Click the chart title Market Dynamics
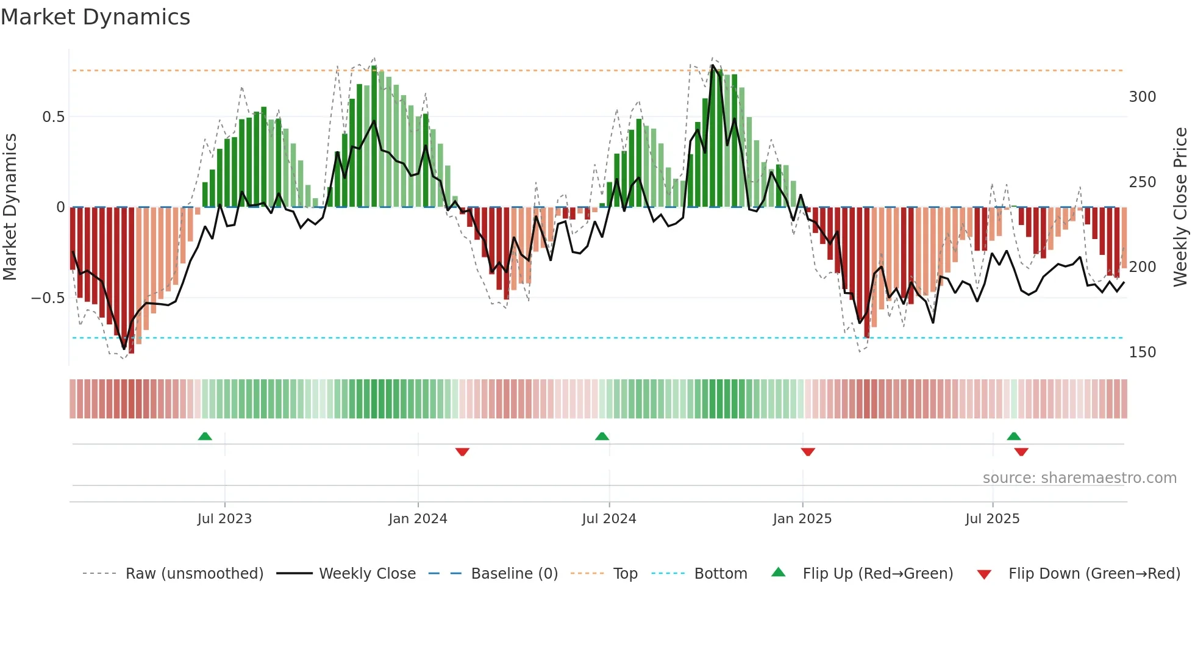point(95,17)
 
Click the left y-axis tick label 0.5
point(53,117)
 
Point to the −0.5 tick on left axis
point(48,298)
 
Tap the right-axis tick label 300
point(1142,97)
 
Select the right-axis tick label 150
point(1142,352)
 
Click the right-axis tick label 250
point(1142,182)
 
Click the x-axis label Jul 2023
point(224,519)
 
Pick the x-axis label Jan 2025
point(802,519)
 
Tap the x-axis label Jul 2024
point(608,519)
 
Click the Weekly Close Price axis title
point(1180,207)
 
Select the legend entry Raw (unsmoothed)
point(194,574)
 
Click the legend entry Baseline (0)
point(514,574)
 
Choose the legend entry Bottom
point(720,574)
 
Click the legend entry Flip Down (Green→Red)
point(1094,574)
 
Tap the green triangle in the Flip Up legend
point(779,573)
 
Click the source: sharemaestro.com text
point(1079,478)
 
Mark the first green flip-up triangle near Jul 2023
point(205,437)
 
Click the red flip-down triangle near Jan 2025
point(808,452)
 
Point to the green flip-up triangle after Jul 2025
point(1013,437)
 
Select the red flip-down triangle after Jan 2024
point(462,452)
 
